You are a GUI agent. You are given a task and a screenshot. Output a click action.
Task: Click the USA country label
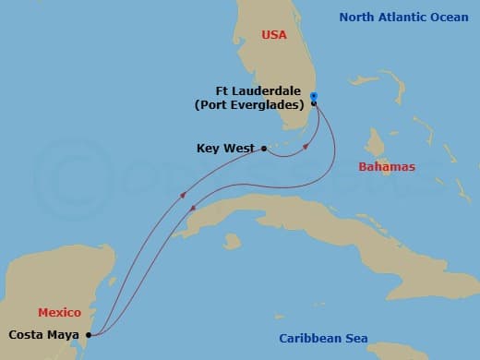(x=274, y=35)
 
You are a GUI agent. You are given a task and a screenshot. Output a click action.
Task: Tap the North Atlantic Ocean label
(x=404, y=17)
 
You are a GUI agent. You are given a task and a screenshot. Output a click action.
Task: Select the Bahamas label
(x=387, y=167)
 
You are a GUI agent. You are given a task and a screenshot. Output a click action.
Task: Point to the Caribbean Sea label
(x=323, y=339)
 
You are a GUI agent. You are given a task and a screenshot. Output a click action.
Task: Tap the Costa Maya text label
(x=44, y=335)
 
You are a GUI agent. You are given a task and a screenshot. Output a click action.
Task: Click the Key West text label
(x=226, y=148)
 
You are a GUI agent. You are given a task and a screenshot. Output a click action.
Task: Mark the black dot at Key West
(x=265, y=148)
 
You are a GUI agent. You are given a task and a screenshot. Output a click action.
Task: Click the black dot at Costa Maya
(x=89, y=335)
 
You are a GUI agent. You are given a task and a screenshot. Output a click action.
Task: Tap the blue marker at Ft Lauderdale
(x=314, y=96)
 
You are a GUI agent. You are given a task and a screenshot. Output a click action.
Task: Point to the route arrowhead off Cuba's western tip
(x=184, y=195)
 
